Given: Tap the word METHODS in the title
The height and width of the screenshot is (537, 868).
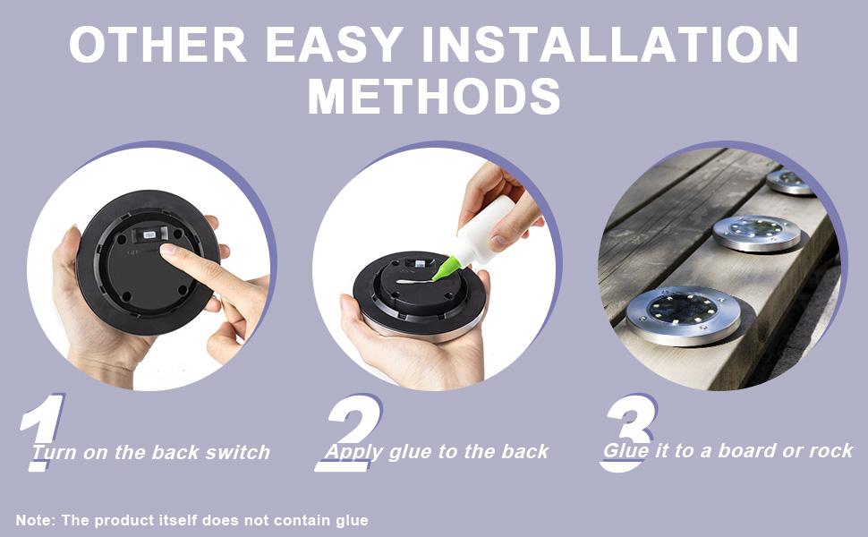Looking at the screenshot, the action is [434, 96].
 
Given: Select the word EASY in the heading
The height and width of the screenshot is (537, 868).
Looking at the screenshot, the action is [335, 44].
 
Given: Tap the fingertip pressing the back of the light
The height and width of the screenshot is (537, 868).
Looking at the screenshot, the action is [168, 251].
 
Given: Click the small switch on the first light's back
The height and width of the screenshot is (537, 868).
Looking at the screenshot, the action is [149, 234].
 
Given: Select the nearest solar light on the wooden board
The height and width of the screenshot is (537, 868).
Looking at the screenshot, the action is [683, 315].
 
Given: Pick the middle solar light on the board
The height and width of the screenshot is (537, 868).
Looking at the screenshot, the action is [756, 233].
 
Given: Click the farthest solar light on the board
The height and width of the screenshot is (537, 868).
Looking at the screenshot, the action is [790, 181].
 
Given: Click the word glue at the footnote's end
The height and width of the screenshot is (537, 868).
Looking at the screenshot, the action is [352, 521].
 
